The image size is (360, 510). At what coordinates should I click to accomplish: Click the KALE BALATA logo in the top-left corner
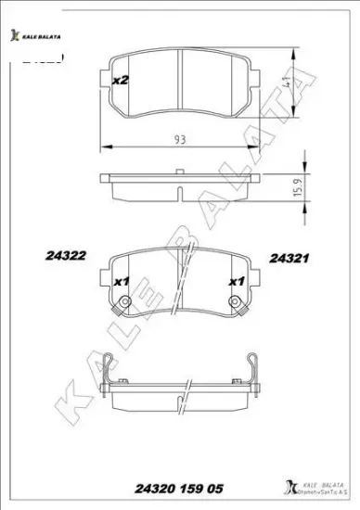click(x=37, y=35)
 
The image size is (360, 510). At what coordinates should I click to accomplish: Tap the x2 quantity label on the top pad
click(x=119, y=81)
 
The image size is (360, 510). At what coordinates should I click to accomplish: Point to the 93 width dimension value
click(x=178, y=139)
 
